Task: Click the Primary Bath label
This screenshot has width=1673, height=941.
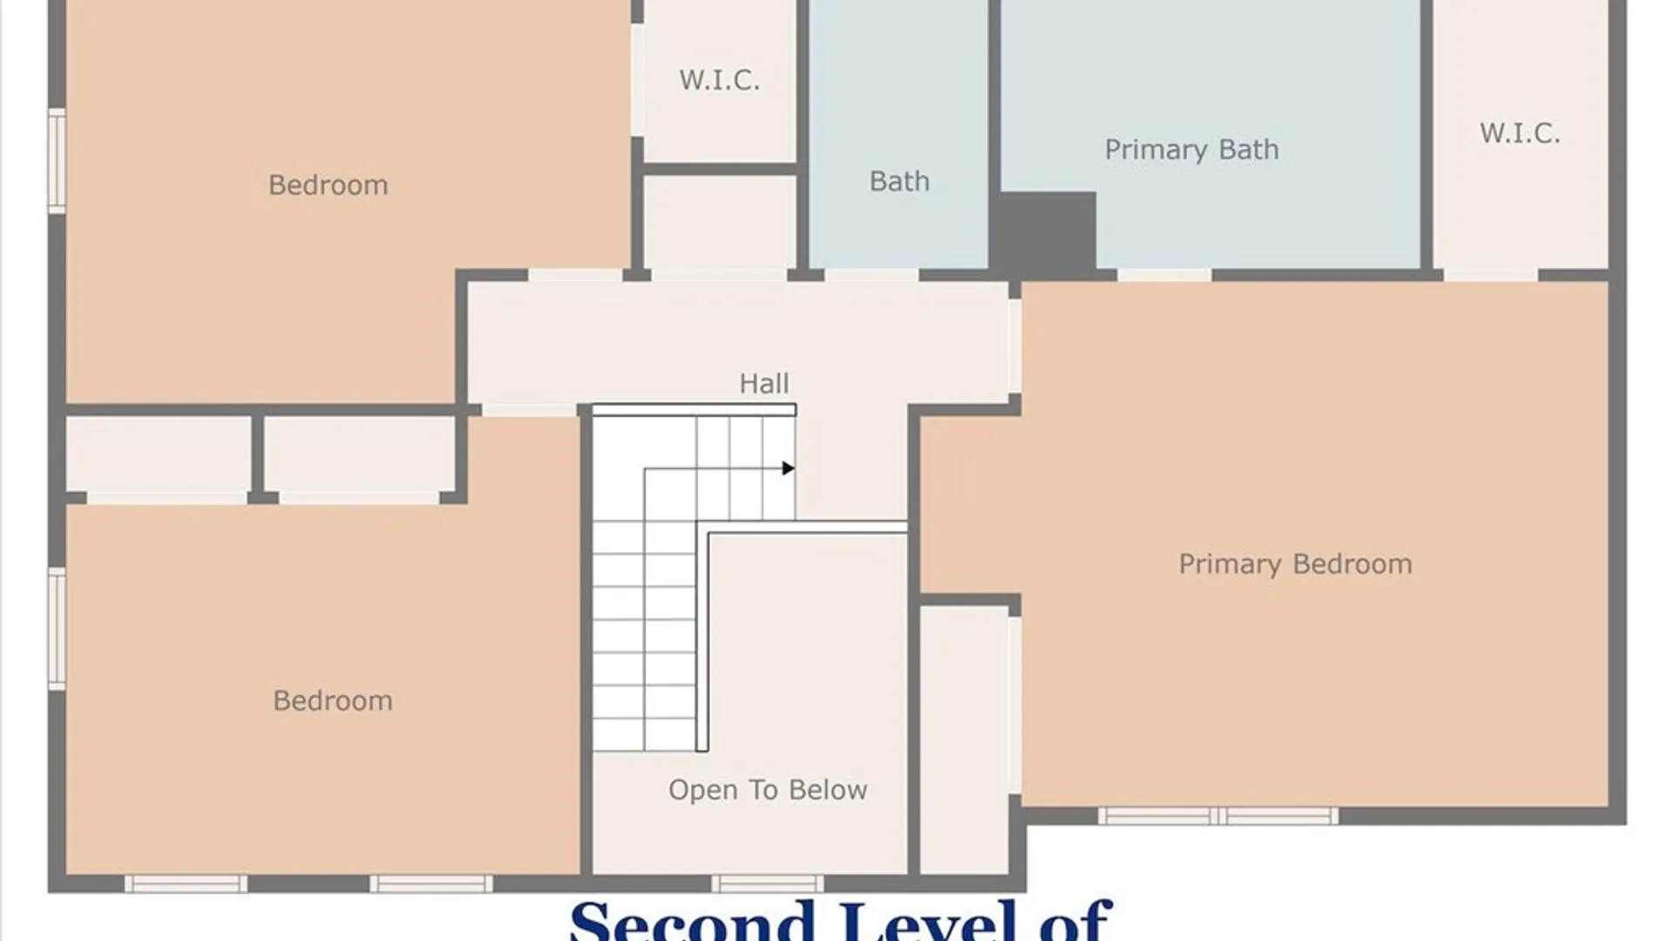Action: tap(1191, 150)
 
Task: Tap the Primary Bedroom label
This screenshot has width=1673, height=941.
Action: tap(1295, 565)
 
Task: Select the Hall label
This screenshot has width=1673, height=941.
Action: tap(764, 383)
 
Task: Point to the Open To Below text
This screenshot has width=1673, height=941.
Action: tap(768, 790)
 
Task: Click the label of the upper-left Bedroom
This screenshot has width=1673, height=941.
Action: tap(328, 185)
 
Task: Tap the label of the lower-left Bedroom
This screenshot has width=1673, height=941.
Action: tap(333, 701)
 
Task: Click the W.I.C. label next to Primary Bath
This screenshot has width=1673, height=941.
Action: tap(1520, 133)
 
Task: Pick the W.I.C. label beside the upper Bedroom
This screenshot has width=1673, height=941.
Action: tap(719, 80)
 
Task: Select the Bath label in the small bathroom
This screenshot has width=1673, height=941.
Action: tap(899, 181)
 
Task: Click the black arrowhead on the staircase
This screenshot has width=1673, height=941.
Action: tap(788, 469)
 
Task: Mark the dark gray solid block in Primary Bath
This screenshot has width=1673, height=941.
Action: tap(1046, 231)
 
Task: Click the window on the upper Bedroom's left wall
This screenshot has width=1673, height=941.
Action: tap(57, 161)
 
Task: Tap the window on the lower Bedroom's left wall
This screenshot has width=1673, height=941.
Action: tap(57, 628)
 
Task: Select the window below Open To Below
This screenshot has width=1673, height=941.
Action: tap(768, 884)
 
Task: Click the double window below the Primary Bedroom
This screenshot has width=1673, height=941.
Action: tap(1217, 816)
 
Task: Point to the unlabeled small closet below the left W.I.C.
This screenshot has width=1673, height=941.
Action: tap(720, 223)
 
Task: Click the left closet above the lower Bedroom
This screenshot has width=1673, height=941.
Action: tap(159, 454)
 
